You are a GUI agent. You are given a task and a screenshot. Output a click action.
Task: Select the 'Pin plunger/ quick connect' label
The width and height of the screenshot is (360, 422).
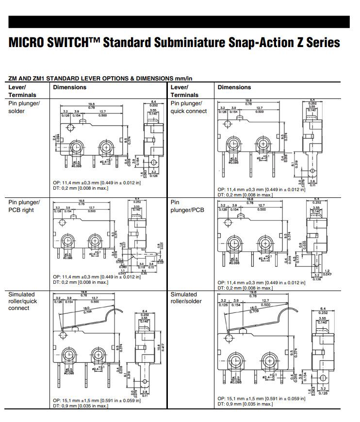(189, 107)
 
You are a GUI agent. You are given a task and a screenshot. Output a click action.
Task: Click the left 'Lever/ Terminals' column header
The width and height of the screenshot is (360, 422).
(22, 91)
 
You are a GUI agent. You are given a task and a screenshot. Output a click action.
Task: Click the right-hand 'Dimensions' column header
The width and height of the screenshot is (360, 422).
(234, 87)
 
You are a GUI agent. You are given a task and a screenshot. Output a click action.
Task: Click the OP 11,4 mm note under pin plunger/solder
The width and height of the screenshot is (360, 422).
(97, 183)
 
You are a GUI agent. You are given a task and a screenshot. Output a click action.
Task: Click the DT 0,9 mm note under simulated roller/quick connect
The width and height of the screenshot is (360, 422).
(81, 406)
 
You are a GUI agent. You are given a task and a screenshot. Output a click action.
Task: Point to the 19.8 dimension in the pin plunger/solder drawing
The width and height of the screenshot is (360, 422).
(91, 104)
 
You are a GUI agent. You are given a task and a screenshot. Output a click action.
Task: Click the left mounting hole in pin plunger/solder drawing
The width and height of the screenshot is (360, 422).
(76, 147)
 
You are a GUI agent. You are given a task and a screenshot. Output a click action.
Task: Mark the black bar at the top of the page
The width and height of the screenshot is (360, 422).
(180, 22)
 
